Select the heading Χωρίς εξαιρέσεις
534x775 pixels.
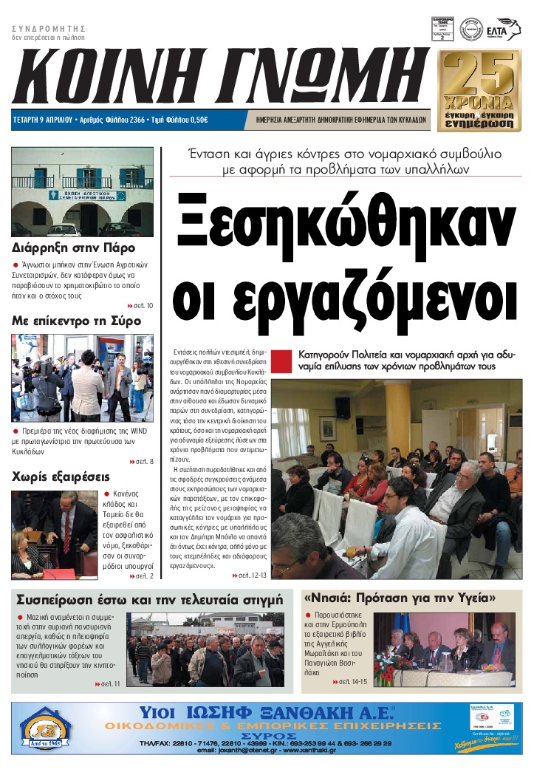61,477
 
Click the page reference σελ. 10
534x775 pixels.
140,305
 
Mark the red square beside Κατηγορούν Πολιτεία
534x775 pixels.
281,361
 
